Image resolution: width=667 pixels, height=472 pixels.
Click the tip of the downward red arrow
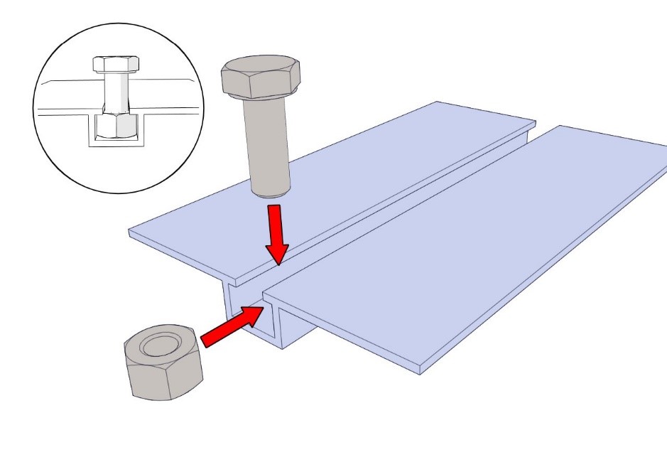pos(278,262)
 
